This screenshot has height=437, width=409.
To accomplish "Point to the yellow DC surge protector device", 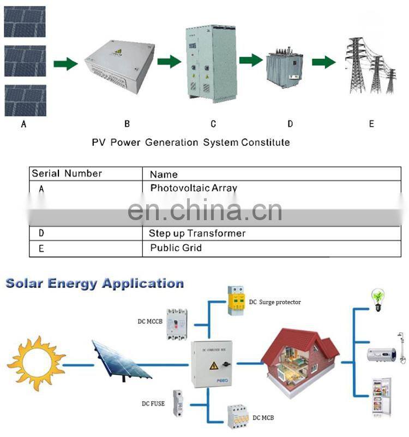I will tap(236, 301).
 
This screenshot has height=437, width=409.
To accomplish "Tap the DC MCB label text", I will tap(263, 418).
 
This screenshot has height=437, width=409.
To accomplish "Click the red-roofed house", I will tap(300, 355).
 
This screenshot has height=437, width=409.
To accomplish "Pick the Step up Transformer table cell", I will tap(197, 233).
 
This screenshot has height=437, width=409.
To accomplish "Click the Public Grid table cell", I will tap(176, 248).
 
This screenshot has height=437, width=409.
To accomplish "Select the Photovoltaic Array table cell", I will tap(194, 188).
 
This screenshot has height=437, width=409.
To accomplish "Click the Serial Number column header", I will tap(67, 174).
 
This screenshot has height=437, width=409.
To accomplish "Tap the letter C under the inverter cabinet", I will tap(213, 124).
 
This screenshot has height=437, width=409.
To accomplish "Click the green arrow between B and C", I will tap(169, 62).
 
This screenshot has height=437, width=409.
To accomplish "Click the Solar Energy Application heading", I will tap(94, 284).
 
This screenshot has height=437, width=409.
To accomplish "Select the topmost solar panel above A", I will tap(25, 22).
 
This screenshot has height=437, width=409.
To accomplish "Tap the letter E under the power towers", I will tap(371, 124).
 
